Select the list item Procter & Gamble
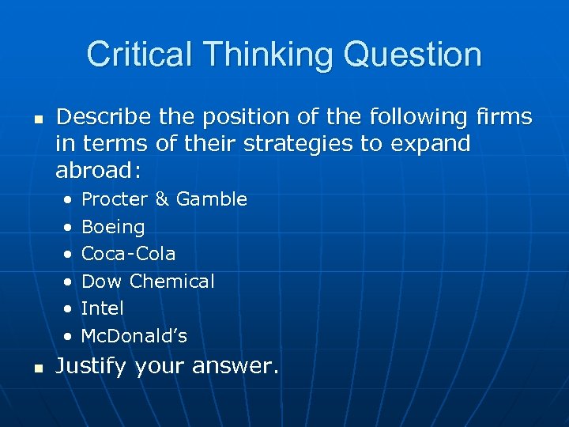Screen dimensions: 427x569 coord(164,199)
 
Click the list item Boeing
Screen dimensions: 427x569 coord(113,227)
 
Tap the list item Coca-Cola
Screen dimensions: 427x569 coord(129,254)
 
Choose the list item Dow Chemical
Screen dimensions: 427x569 coord(148,282)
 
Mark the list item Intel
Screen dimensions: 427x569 coord(103,308)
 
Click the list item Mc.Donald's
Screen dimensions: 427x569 coord(134,336)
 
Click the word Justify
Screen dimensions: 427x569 coord(92,366)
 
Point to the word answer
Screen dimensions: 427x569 coord(236,366)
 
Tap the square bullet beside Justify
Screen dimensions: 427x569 coord(36,367)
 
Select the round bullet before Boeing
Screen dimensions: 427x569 coord(69,228)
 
